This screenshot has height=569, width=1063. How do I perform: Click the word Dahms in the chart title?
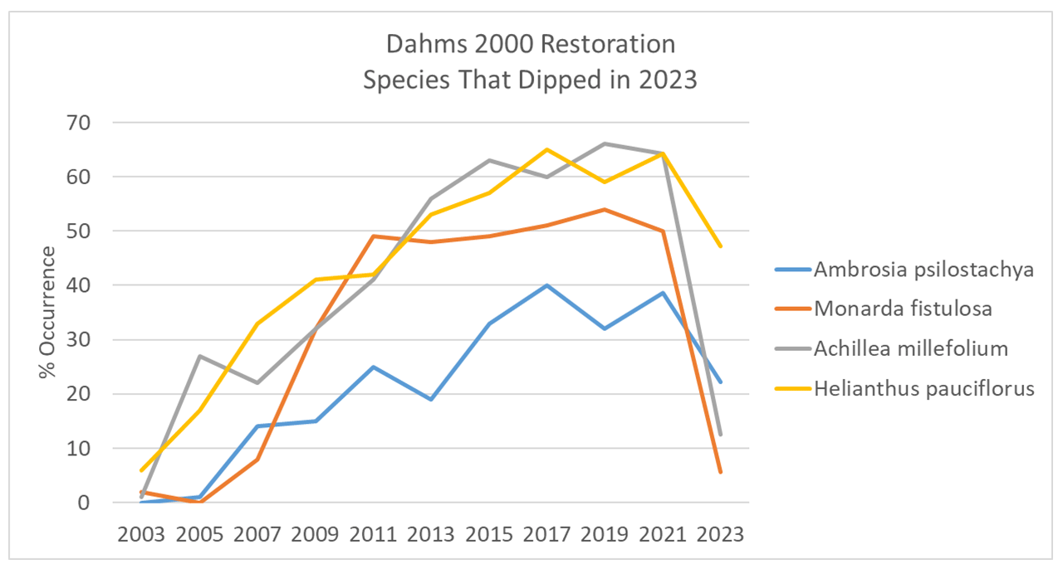pyautogui.click(x=412, y=43)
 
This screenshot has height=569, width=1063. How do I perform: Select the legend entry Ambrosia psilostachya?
pyautogui.click(x=923, y=270)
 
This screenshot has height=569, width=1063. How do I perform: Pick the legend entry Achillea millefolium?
pyautogui.click(x=910, y=348)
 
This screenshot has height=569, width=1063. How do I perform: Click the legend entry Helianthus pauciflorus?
pyautogui.click(x=923, y=388)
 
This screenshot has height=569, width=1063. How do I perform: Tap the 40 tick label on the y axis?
pyautogui.click(x=84, y=285)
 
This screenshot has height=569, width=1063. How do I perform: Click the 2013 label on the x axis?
pyautogui.click(x=431, y=533)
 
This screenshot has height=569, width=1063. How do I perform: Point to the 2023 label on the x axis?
pyautogui.click(x=721, y=533)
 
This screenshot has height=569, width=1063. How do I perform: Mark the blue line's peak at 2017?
pyautogui.click(x=546, y=285)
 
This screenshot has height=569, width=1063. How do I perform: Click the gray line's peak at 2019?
pyautogui.click(x=605, y=143)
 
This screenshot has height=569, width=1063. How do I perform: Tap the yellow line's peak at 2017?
pyautogui.click(x=546, y=149)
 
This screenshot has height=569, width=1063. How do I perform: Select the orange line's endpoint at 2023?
pyautogui.click(x=721, y=472)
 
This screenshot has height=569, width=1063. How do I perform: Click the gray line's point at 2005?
pyautogui.click(x=199, y=356)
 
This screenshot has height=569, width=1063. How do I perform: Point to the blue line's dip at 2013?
pyautogui.click(x=431, y=399)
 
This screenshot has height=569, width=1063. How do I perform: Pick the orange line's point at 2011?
pyautogui.click(x=373, y=236)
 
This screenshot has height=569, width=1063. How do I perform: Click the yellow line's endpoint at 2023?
pyautogui.click(x=721, y=246)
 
